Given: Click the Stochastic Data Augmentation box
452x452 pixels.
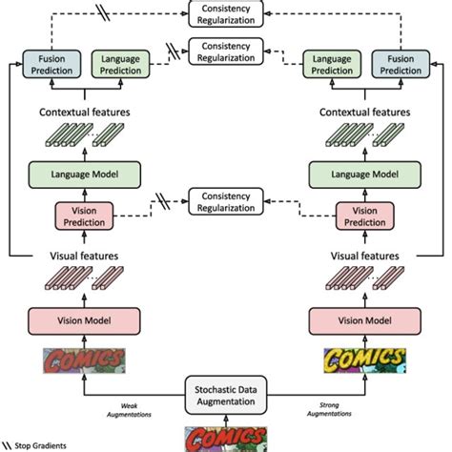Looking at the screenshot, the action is pos(226,396).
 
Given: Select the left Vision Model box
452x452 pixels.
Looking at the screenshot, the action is pos(84,320).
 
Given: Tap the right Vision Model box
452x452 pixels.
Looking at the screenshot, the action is pos(365,320).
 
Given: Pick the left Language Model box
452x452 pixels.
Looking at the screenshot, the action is pos(85,175).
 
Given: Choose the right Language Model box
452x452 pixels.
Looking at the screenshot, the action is pos(365,175).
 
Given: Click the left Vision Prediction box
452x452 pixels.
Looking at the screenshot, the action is pos(84,216).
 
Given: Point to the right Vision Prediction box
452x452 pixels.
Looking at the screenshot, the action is pos(365,216).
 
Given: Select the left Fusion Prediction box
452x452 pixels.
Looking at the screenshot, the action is pos(51,64).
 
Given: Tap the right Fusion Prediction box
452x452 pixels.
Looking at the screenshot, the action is pos(401,64).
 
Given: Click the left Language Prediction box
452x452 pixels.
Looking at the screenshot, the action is pos(120,64).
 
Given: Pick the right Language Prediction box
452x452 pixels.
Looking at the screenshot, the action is pos(332,64).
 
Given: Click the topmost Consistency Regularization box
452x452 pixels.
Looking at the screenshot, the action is pos(226,14).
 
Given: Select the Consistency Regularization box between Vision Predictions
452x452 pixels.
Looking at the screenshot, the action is pos(226,201).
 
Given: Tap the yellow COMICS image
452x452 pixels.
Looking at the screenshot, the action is pos(365,360).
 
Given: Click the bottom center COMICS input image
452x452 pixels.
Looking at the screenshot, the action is pos(226,440).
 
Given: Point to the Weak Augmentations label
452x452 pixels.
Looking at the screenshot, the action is pos(129,410).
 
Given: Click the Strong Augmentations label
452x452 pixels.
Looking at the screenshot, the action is pos(329,409).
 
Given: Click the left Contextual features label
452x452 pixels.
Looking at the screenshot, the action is pos(85,113).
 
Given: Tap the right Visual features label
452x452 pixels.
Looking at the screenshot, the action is pos(365,256).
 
